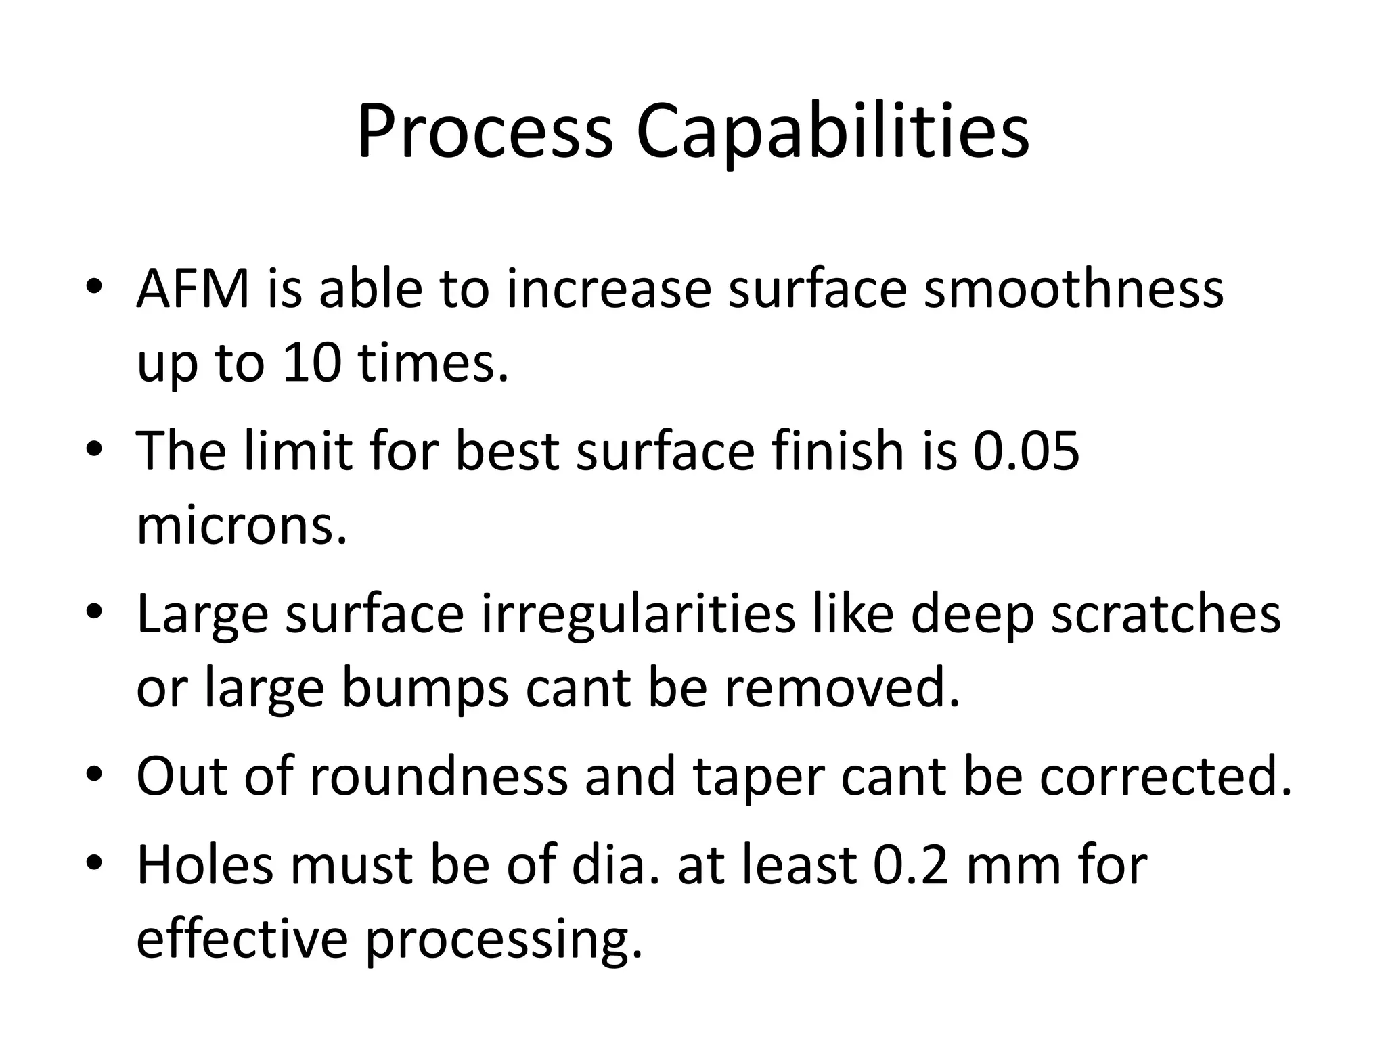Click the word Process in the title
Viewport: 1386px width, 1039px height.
pyautogui.click(x=485, y=132)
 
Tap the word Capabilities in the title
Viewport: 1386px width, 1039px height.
pyautogui.click(x=832, y=132)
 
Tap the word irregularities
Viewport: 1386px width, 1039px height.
pyautogui.click(x=638, y=614)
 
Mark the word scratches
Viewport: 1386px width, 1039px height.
pyautogui.click(x=1165, y=614)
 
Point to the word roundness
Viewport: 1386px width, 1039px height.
pyautogui.click(x=439, y=777)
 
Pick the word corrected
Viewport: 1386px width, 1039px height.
pyautogui.click(x=1165, y=777)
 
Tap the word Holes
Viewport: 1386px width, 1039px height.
pyautogui.click(x=205, y=865)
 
